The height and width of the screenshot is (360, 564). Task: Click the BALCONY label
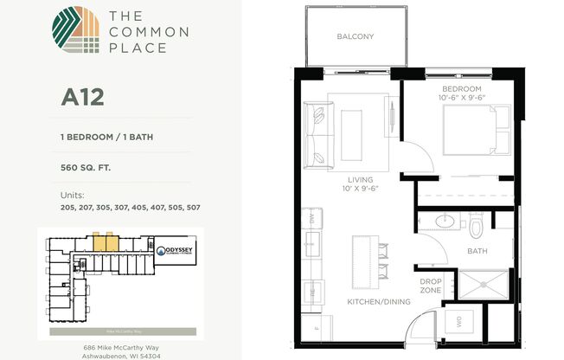355,36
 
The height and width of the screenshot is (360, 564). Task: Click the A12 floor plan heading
82,96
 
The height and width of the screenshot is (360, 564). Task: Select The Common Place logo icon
74,31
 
